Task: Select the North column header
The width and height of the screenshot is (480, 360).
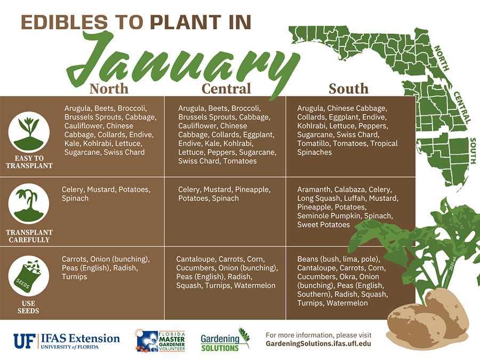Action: tap(109, 88)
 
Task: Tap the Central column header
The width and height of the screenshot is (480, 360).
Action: tap(226, 88)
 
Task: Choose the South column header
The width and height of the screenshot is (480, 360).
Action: tap(348, 88)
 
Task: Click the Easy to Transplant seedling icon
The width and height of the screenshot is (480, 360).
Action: tap(29, 130)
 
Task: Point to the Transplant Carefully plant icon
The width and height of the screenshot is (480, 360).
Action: tap(29, 203)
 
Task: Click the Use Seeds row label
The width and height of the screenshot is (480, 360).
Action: tap(29, 307)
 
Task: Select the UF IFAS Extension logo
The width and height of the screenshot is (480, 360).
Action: tap(67, 340)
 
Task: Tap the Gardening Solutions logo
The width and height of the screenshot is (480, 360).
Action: tap(224, 340)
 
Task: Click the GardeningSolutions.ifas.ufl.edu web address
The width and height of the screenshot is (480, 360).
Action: tap(318, 344)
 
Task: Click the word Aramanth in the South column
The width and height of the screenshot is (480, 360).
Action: tap(315, 190)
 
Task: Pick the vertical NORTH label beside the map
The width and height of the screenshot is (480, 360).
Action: tap(442, 59)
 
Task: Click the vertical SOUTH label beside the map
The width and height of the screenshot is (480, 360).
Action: tap(473, 151)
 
